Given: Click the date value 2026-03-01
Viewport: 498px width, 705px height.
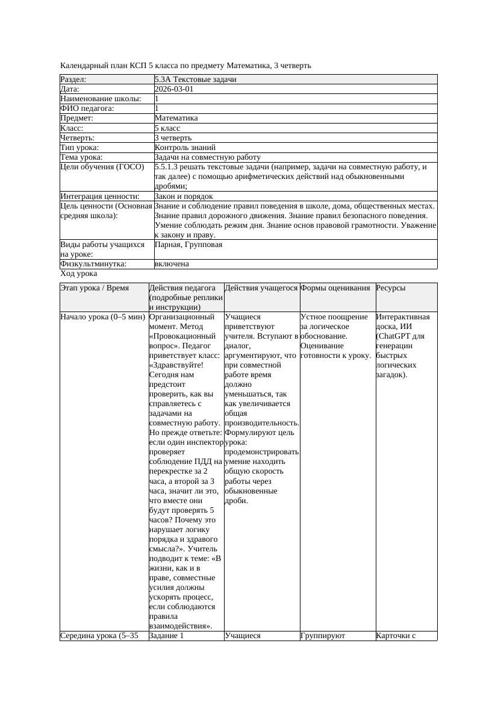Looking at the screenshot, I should [174, 89].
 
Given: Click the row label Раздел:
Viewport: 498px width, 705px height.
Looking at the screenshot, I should [73, 80].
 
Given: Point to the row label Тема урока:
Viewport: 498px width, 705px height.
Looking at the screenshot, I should [81, 157].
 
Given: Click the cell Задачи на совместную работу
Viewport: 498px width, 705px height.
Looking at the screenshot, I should [207, 157].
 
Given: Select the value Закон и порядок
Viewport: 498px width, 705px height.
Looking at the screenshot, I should [183, 196].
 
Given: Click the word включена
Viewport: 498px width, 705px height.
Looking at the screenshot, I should [172, 265].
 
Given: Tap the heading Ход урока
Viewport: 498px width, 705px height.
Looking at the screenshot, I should [79, 274].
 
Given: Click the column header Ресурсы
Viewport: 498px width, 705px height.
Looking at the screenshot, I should [390, 288].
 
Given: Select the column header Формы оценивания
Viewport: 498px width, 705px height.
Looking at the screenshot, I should [335, 288].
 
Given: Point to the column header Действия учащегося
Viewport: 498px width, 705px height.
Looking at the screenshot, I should [261, 288].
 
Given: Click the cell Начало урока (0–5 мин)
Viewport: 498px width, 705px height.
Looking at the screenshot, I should [102, 317].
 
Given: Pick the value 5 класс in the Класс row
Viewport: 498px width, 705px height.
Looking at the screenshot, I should [167, 128].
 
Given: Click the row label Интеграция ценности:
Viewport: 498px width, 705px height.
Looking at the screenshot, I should [99, 196].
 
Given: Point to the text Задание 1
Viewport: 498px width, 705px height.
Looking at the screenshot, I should [166, 635].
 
